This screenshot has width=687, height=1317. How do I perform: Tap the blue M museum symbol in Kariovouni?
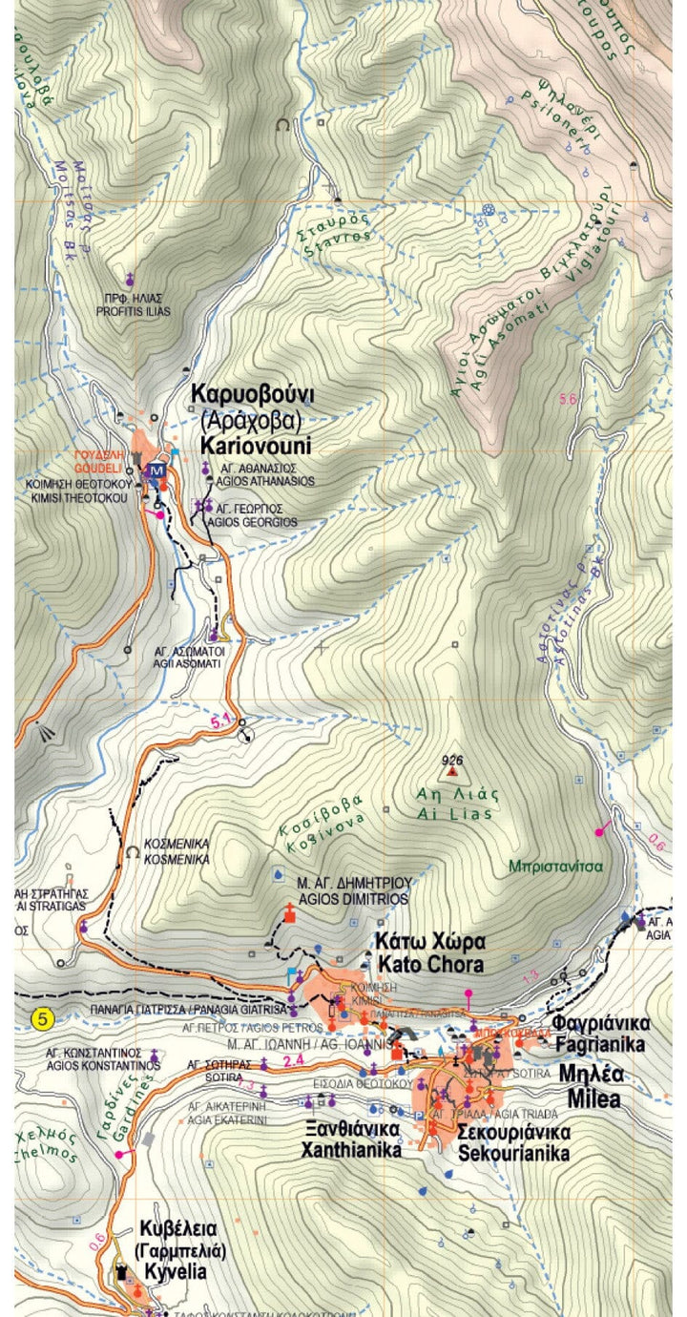(x=156, y=470)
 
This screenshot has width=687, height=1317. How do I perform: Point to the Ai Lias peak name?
(x=454, y=804)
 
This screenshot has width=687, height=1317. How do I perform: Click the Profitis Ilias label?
(x=132, y=304)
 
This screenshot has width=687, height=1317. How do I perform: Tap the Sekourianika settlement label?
(x=512, y=1142)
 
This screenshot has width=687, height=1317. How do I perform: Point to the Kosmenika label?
(x=177, y=851)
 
